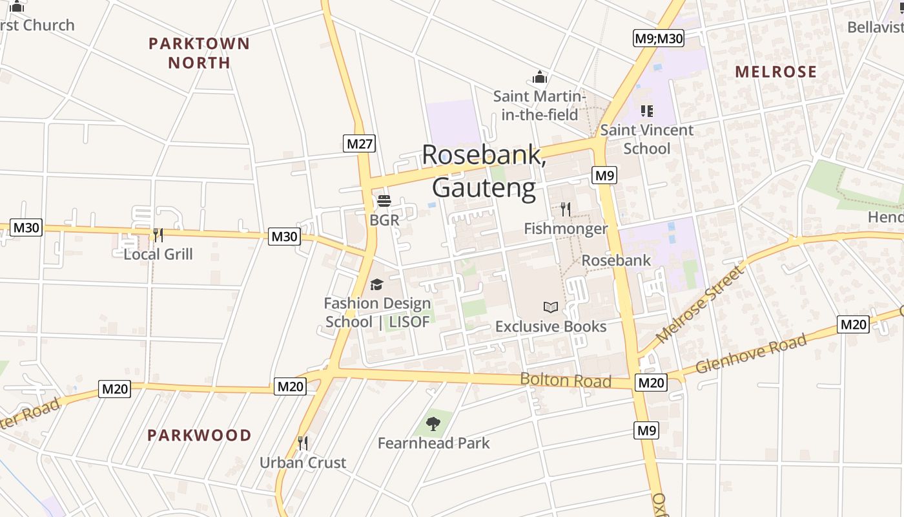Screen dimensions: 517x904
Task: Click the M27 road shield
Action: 359,143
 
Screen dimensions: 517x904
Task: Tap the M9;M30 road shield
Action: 658,39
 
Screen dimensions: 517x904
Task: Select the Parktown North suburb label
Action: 199,53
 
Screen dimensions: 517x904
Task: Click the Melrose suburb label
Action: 776,72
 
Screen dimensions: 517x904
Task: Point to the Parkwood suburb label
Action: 199,435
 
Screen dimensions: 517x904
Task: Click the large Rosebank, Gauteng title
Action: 484,171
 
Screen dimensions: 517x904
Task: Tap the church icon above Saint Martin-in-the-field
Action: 540,78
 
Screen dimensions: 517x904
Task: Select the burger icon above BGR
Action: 384,201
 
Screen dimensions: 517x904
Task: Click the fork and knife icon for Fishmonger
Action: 566,209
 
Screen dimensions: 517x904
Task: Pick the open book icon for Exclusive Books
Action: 551,307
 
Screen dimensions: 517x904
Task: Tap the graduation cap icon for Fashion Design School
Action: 376,284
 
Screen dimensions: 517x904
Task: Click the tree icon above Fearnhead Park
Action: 433,424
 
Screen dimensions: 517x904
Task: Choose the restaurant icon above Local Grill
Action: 158,235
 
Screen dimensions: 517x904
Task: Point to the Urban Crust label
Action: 303,463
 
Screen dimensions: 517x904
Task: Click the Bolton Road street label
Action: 566,380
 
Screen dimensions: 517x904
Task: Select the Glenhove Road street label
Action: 752,354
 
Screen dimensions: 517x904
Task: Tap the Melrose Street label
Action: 701,304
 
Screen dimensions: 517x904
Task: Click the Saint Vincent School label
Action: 647,139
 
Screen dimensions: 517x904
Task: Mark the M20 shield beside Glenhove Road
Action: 853,324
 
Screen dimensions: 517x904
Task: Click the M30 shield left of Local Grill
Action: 26,227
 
